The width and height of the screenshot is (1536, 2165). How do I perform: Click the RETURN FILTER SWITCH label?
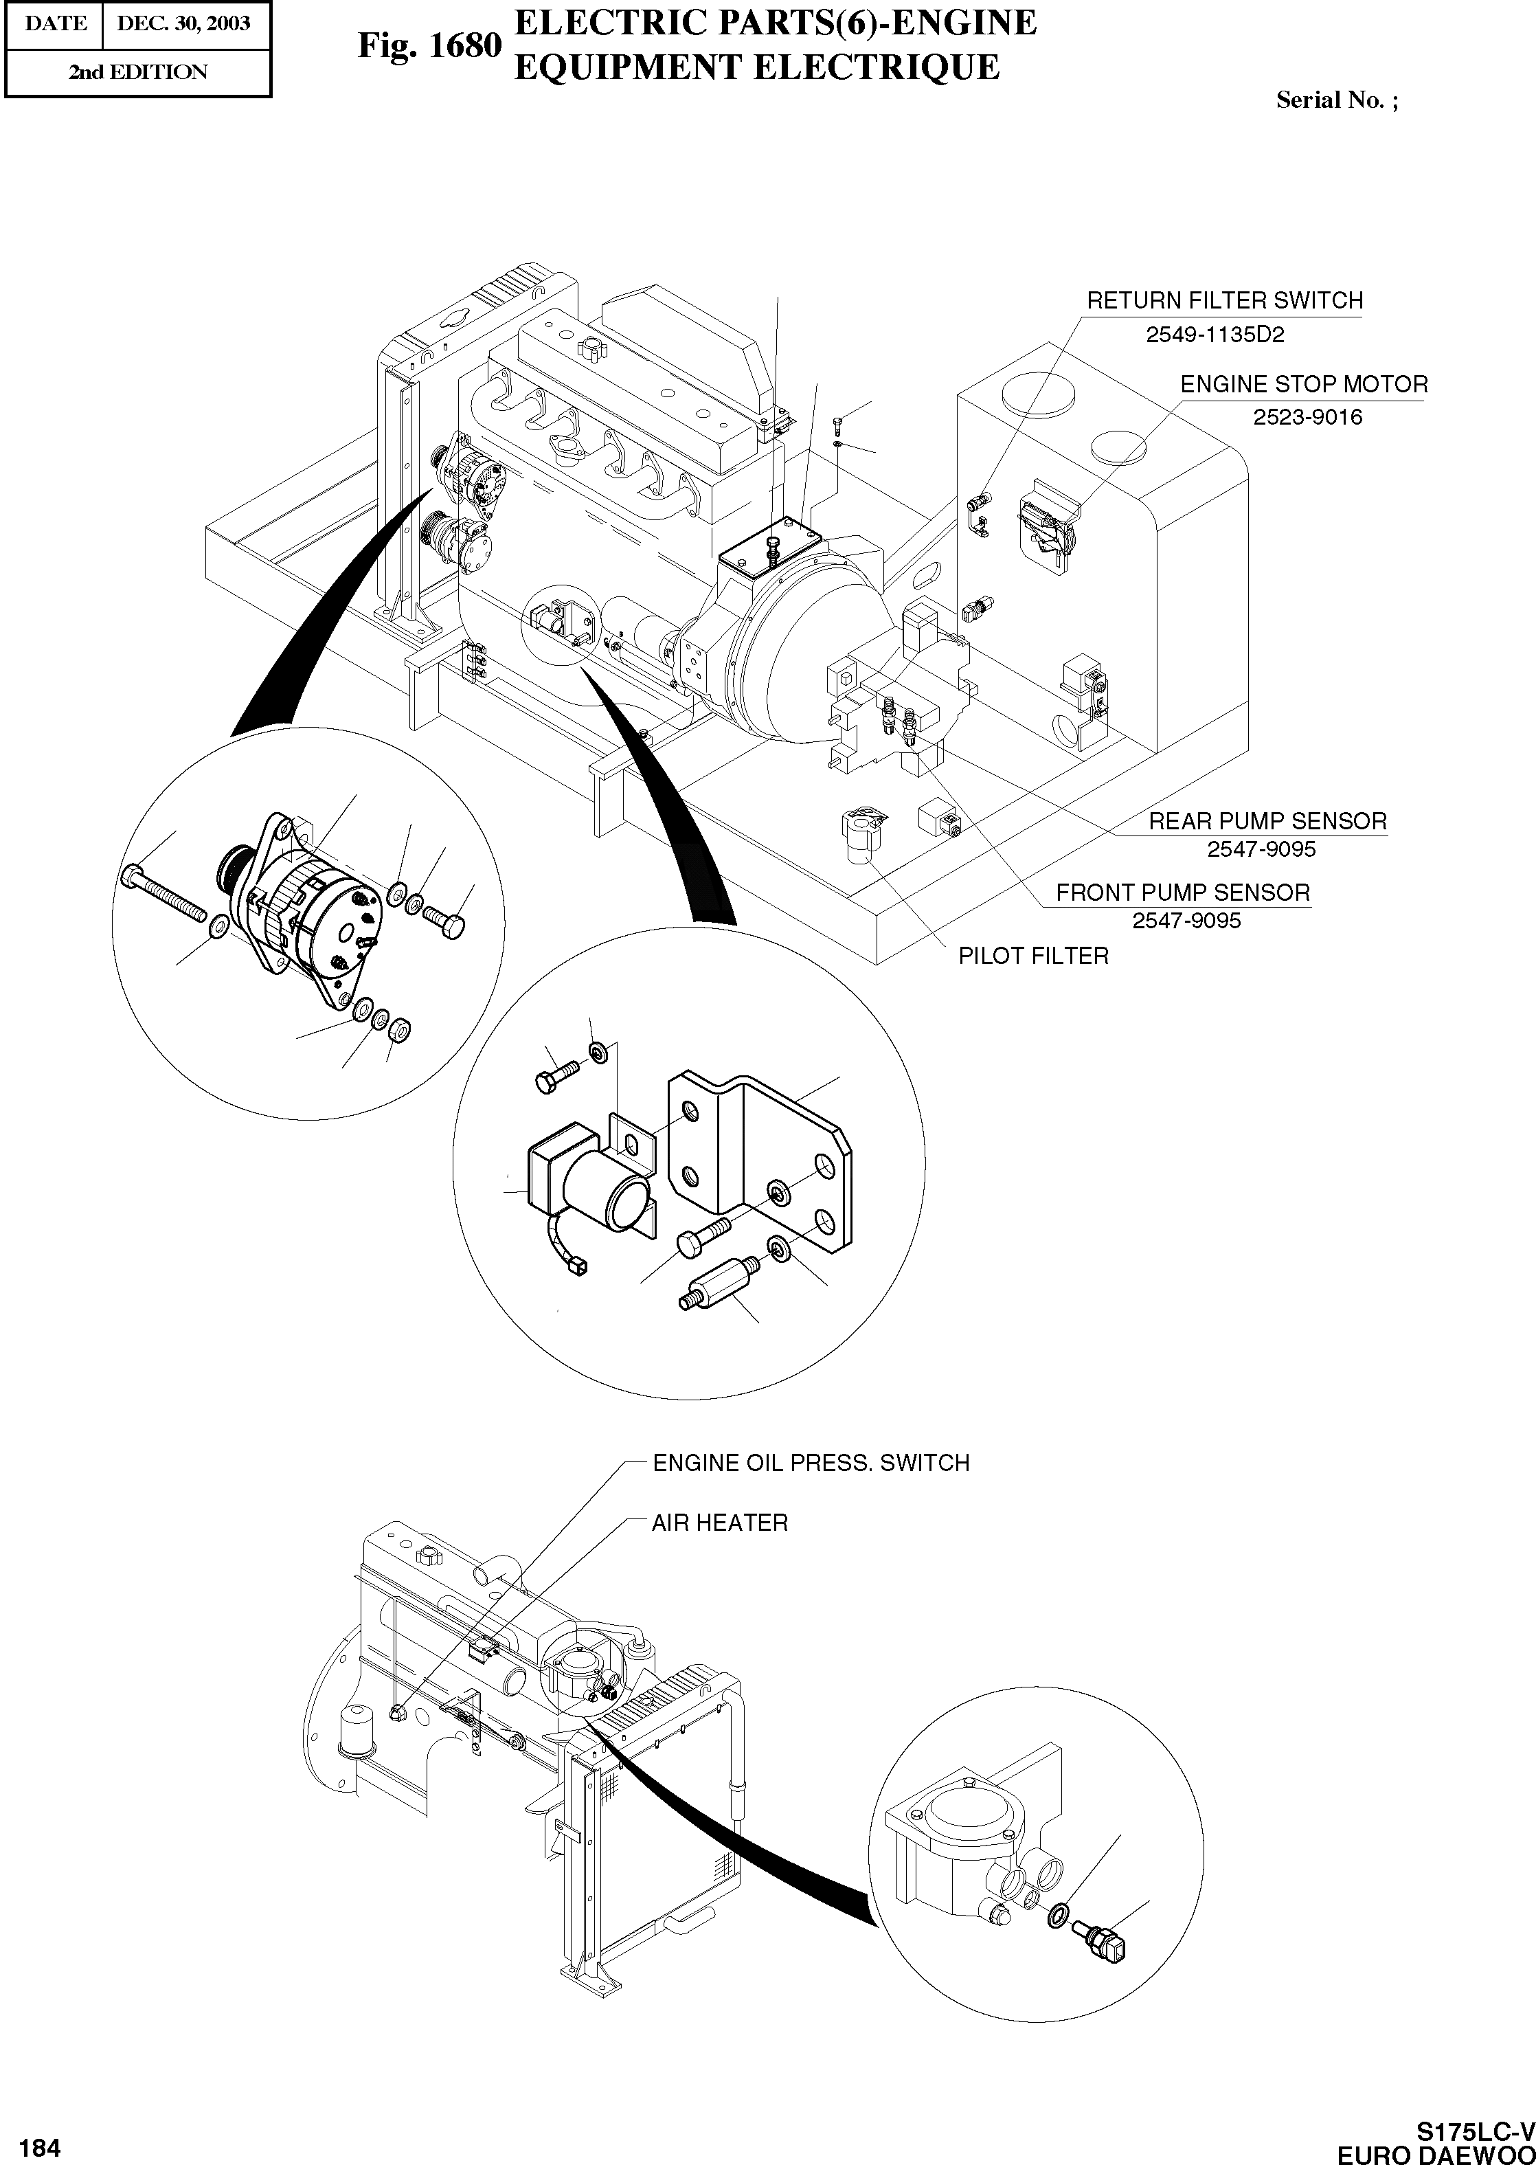point(1224,301)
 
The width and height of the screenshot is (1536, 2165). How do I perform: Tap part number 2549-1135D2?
point(1215,335)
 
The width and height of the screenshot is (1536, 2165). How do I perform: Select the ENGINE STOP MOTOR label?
point(1303,385)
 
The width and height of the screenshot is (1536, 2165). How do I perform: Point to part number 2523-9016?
point(1307,417)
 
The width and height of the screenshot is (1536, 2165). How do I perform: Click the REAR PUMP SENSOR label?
point(1267,821)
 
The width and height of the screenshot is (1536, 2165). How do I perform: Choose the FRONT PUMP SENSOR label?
point(1182,893)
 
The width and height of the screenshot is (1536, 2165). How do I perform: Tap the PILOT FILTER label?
point(1033,956)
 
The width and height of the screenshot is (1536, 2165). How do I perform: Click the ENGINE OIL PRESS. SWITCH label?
point(811,1463)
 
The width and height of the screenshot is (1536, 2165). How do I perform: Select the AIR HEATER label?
point(719,1523)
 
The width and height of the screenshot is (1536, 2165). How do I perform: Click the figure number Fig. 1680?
point(427,45)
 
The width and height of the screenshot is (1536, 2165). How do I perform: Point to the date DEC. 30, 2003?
point(183,23)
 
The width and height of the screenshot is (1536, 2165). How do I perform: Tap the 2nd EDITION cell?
point(137,72)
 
